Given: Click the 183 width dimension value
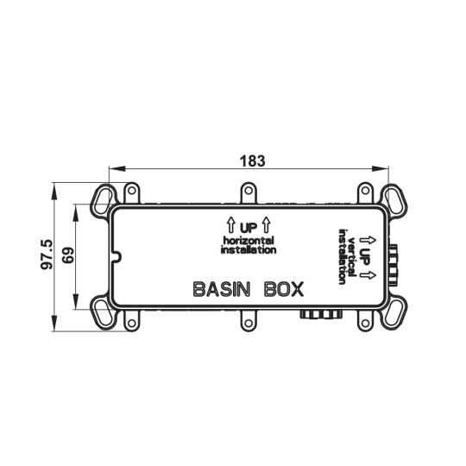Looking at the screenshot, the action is (252, 161).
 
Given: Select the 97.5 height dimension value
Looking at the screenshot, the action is (47, 255).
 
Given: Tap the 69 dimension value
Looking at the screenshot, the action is (68, 255).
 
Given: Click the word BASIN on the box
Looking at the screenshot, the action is (222, 289).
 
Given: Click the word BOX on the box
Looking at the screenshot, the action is (284, 289).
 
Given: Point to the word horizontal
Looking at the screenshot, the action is (249, 241).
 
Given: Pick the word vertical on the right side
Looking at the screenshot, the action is (351, 256).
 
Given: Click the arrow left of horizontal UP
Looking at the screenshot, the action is (231, 225).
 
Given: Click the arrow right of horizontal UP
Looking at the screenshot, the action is (267, 225).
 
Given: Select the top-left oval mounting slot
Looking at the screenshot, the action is (101, 198).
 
